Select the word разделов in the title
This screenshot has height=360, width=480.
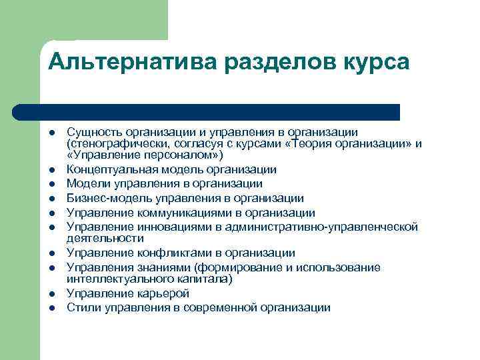coord(273,63)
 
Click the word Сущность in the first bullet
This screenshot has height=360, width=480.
coord(91,132)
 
